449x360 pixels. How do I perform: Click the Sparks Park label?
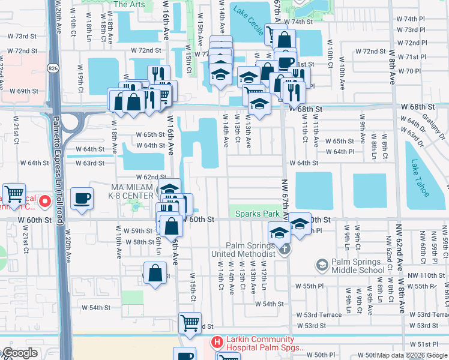click(257, 214)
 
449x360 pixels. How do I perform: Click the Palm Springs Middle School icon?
click(322, 265)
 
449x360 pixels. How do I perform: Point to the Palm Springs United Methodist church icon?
click(286, 248)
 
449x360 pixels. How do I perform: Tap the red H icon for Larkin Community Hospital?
click(217, 342)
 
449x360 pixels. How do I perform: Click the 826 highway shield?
click(54, 66)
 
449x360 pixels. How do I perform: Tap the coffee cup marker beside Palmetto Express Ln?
click(82, 198)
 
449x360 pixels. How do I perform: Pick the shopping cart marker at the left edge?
click(14, 194)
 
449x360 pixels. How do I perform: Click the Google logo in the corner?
click(19, 353)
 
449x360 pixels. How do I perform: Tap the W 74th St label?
click(302, 22)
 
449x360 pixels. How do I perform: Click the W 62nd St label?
click(151, 177)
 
